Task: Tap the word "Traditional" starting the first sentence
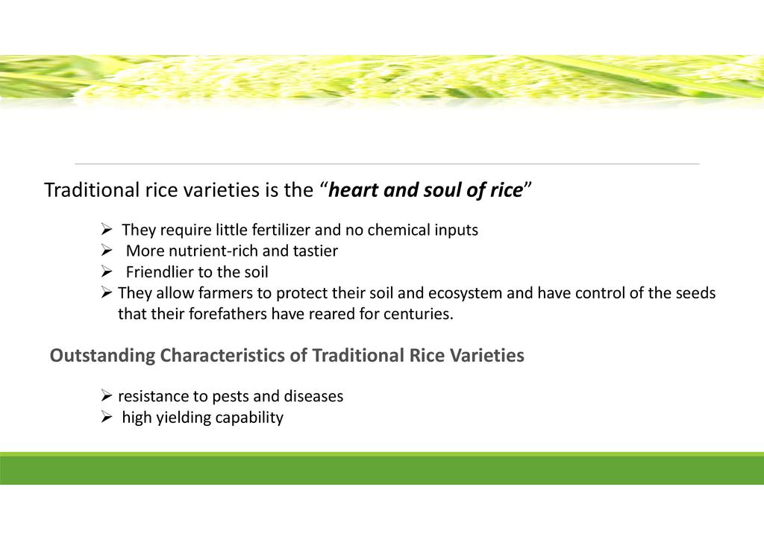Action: pyautogui.click(x=92, y=190)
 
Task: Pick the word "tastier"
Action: pyautogui.click(x=316, y=251)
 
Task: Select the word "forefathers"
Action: pyautogui.click(x=228, y=313)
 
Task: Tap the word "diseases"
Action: pyautogui.click(x=313, y=396)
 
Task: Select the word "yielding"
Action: pyautogui.click(x=184, y=417)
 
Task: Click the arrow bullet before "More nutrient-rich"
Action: pyautogui.click(x=107, y=251)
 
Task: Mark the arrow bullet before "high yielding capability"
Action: pyautogui.click(x=107, y=417)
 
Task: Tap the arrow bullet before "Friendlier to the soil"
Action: pyautogui.click(x=107, y=271)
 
